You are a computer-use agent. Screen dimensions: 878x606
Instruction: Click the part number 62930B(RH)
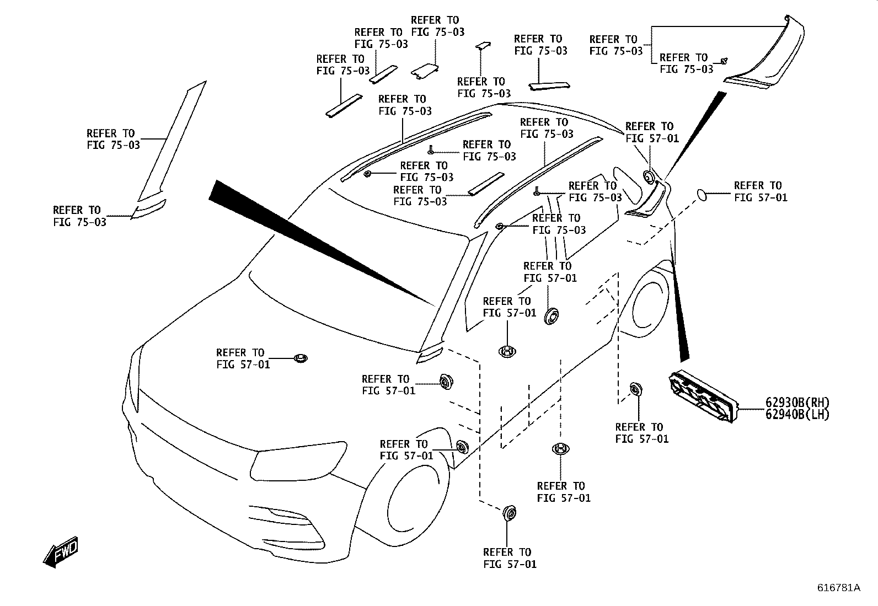point(797,402)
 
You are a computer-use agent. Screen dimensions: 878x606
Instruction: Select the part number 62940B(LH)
point(797,414)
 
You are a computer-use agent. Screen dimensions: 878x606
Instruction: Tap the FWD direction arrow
point(61,552)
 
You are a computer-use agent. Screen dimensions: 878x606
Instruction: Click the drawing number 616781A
point(838,588)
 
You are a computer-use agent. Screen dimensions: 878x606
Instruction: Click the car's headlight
point(298,463)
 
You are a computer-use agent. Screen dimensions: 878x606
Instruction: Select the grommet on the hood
point(301,358)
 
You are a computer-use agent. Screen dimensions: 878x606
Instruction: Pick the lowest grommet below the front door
point(509,513)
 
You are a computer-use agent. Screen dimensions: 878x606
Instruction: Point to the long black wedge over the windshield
point(322,243)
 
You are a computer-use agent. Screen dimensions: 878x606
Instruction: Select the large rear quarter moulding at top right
point(764,55)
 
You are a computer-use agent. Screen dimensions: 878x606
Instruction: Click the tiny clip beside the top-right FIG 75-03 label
point(724,61)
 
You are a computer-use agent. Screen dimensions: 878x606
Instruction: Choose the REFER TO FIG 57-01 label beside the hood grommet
point(243,358)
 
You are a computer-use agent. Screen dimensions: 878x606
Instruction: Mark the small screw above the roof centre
point(431,150)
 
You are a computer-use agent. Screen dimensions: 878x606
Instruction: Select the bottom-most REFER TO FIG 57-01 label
point(510,558)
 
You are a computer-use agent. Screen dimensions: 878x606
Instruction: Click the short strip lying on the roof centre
point(486,184)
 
